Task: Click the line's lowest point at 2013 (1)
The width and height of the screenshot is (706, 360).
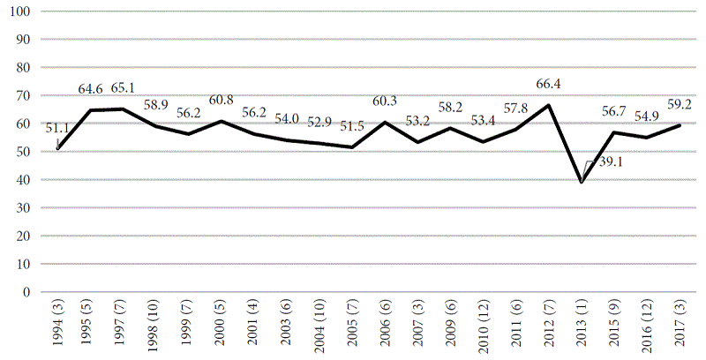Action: (x=582, y=182)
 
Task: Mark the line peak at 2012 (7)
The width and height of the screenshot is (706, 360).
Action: (x=550, y=105)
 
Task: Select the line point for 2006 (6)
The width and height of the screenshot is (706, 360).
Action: (x=385, y=123)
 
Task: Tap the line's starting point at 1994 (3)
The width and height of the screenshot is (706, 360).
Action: (x=57, y=148)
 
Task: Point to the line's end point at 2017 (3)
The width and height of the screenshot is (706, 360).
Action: (x=679, y=125)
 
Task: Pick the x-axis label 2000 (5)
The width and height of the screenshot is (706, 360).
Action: (x=220, y=325)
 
